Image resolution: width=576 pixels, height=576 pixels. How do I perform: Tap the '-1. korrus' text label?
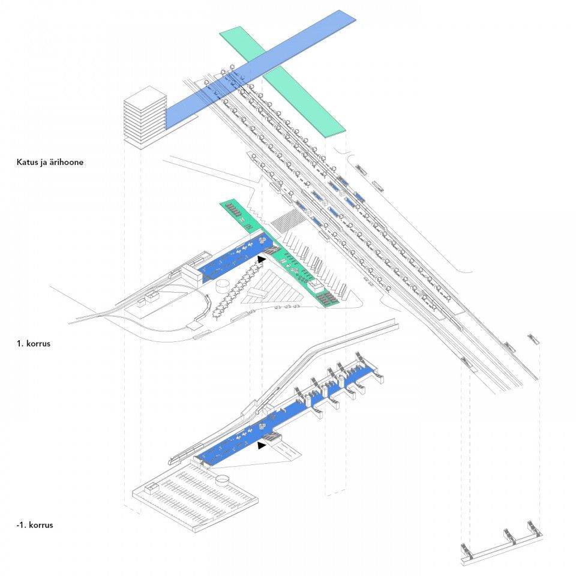(35, 525)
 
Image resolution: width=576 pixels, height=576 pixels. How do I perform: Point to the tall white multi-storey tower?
(144, 117)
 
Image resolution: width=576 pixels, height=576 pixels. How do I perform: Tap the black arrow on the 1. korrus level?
(261, 259)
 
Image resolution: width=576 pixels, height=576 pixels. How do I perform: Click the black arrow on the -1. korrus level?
(261, 446)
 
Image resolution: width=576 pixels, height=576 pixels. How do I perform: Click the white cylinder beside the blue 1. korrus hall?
(224, 284)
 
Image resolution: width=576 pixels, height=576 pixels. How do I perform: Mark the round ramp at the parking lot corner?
(223, 479)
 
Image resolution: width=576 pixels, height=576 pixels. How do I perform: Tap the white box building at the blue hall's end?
(191, 275)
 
